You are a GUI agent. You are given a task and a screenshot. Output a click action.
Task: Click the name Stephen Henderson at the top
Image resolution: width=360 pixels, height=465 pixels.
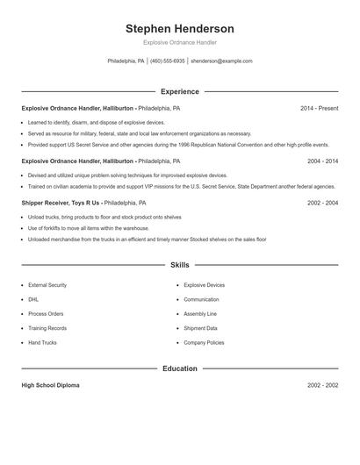pyautogui.click(x=180, y=28)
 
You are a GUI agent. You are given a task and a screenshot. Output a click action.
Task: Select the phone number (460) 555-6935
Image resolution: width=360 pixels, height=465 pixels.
pyautogui.click(x=167, y=61)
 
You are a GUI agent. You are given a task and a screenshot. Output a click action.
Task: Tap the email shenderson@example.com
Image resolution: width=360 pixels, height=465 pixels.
pyautogui.click(x=221, y=61)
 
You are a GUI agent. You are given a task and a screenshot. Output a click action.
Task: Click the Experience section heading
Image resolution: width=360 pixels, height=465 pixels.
pyautogui.click(x=180, y=91)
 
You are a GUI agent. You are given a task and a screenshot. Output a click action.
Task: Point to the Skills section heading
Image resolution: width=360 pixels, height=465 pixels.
pyautogui.click(x=180, y=264)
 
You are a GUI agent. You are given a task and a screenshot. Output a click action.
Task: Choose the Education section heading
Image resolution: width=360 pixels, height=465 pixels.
pyautogui.click(x=180, y=368)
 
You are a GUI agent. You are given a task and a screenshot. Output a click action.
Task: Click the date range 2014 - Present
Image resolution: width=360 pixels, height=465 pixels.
pyautogui.click(x=319, y=109)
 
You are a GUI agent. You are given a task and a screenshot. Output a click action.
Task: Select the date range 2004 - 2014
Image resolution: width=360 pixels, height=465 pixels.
pyautogui.click(x=322, y=161)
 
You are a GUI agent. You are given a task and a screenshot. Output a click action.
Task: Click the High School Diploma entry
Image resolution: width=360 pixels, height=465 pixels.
pyautogui.click(x=52, y=386)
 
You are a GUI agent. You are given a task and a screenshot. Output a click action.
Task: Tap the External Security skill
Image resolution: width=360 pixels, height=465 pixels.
pyautogui.click(x=47, y=285)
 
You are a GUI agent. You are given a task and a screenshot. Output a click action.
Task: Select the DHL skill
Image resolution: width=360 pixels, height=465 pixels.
pyautogui.click(x=33, y=299)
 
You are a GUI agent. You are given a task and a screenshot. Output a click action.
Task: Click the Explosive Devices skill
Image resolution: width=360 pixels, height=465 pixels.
pyautogui.click(x=204, y=285)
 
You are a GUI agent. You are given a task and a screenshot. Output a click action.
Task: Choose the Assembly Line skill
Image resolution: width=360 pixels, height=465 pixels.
pyautogui.click(x=200, y=314)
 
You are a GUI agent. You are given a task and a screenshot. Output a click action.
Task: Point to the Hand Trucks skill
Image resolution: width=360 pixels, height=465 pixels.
pyautogui.click(x=42, y=342)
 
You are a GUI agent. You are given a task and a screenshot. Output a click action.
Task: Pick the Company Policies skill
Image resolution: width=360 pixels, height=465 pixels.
pyautogui.click(x=204, y=342)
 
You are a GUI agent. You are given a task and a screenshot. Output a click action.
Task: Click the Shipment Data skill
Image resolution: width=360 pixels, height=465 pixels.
pyautogui.click(x=200, y=328)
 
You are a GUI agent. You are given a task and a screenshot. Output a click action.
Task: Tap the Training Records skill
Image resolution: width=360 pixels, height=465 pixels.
pyautogui.click(x=47, y=328)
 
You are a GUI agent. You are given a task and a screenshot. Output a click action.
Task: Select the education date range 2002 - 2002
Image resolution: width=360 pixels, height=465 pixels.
pyautogui.click(x=322, y=386)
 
